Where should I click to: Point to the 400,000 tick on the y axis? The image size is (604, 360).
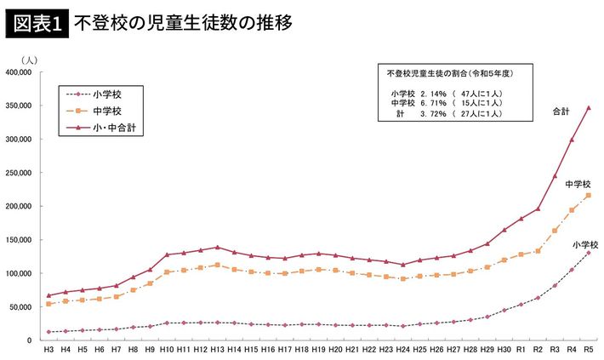coord(18,72)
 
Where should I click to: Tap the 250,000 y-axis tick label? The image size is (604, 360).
coord(18,173)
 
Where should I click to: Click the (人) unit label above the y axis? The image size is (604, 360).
coord(28,59)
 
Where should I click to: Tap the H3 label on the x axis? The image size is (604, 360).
coord(48,350)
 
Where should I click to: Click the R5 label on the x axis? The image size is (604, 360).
coord(588,350)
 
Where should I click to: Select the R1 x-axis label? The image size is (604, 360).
coord(521,350)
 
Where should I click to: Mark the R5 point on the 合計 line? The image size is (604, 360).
coord(588,108)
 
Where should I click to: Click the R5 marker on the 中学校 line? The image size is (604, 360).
coord(588,196)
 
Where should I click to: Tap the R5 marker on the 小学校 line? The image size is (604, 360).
coord(588,253)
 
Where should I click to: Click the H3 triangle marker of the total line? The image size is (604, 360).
coord(48,295)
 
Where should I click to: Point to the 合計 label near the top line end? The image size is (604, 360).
coord(561,111)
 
